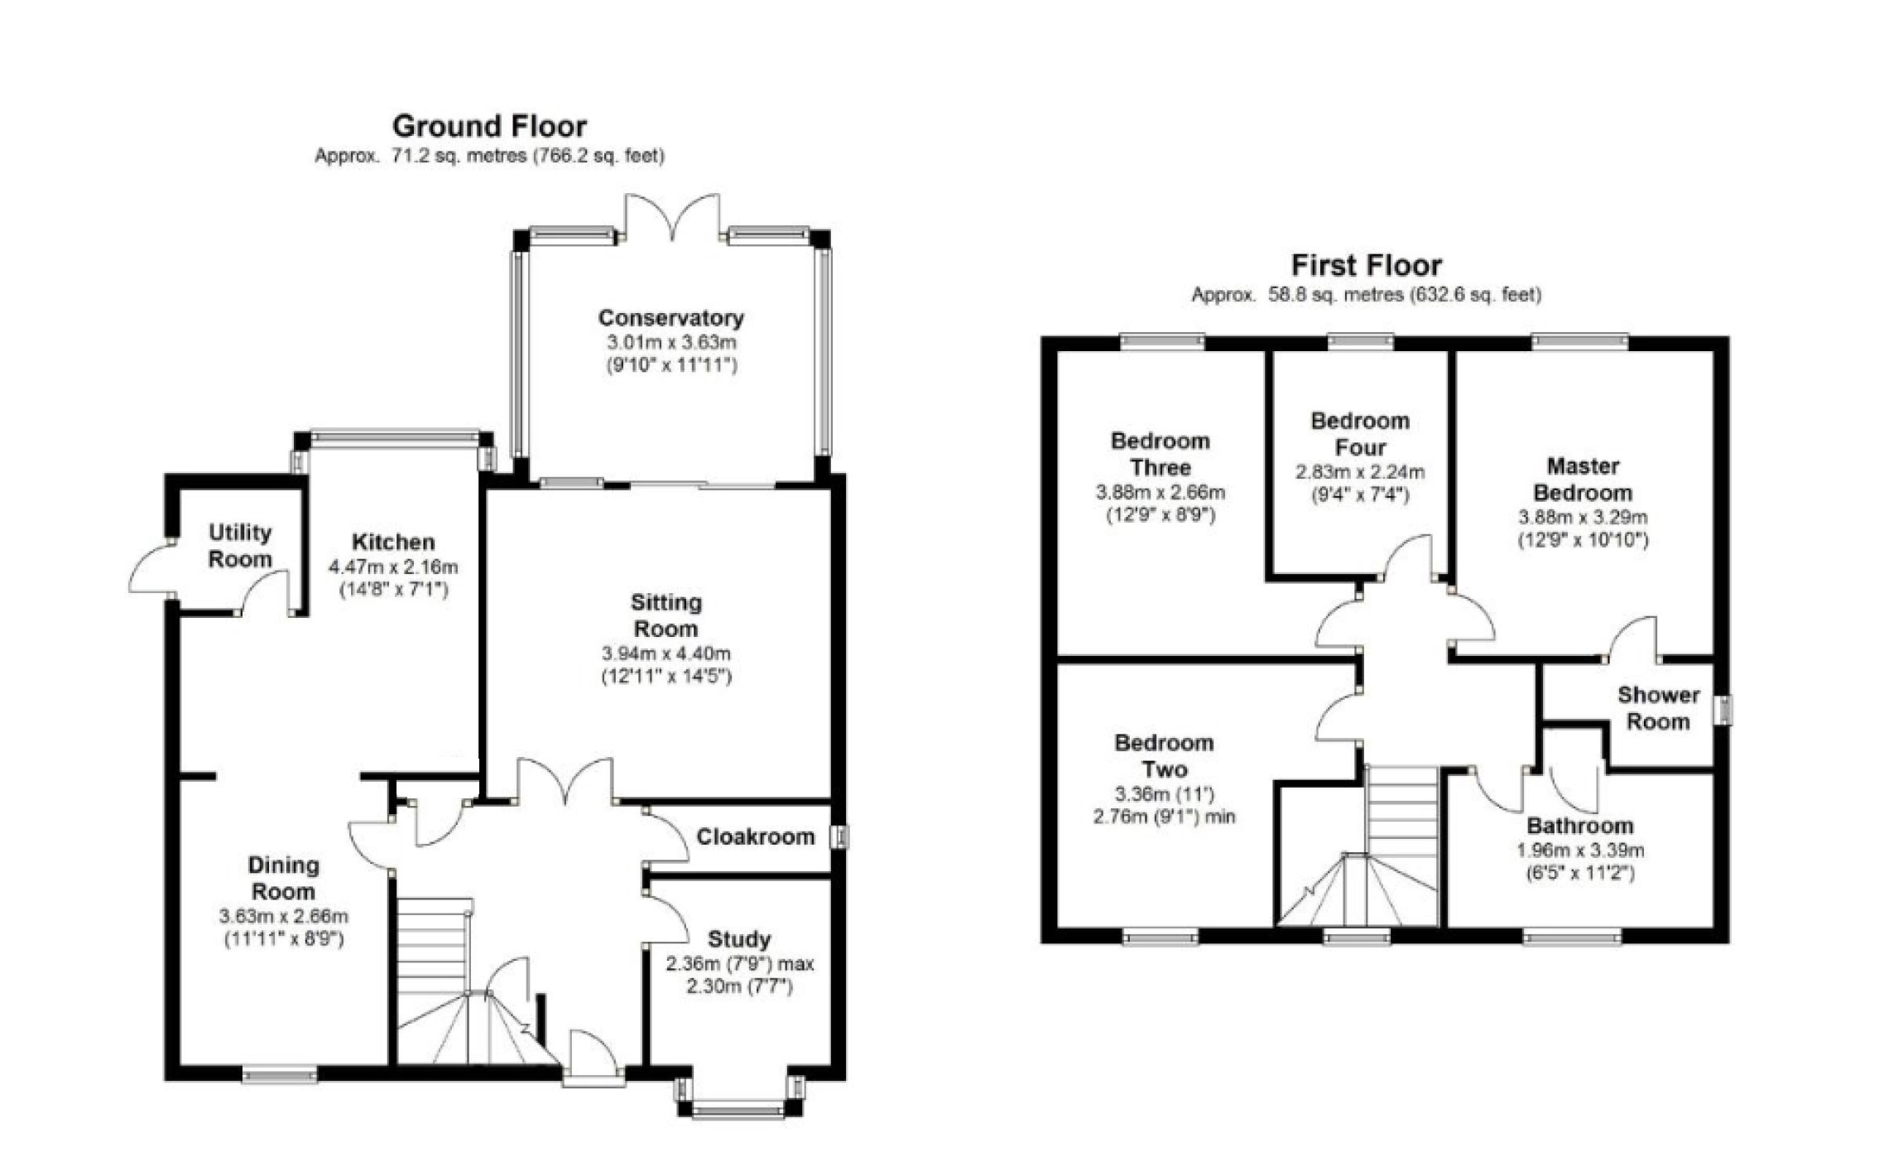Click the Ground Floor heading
(489, 127)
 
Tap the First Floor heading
(1366, 266)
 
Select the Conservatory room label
(670, 318)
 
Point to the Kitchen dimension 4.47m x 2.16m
(393, 567)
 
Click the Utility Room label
(240, 546)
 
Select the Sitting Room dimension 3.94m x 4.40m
(666, 653)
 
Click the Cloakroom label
(755, 837)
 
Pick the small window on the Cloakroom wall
(841, 837)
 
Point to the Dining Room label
(283, 878)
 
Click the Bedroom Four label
(1360, 434)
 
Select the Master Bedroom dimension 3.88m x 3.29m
(1582, 518)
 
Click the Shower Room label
(1658, 708)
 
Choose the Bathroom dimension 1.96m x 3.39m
(1579, 851)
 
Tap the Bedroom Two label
(1164, 755)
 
